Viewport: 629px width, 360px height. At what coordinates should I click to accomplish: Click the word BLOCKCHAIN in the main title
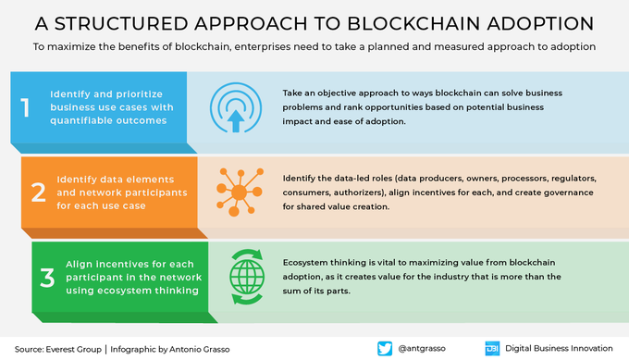tap(413, 24)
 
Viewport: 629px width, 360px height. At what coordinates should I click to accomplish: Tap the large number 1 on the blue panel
tap(25, 107)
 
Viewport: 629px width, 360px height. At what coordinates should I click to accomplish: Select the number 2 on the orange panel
tap(39, 192)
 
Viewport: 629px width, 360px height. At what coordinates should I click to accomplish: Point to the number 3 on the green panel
tap(47, 278)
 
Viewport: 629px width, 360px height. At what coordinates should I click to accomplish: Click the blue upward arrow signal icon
tap(236, 107)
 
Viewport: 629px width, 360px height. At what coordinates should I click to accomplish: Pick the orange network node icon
tap(240, 192)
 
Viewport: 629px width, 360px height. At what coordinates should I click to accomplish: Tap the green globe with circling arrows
tap(247, 277)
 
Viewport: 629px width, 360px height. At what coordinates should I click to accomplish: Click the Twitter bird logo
tap(385, 348)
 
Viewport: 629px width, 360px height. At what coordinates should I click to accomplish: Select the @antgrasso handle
tap(422, 348)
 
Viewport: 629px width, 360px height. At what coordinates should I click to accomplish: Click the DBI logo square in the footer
tap(492, 348)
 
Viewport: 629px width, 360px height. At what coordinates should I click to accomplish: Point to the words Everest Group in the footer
tap(73, 349)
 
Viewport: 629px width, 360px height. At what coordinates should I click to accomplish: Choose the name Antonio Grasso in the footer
tap(200, 349)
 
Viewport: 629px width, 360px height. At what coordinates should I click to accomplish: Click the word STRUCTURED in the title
tap(121, 24)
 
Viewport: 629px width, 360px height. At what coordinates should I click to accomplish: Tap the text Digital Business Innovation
tap(559, 348)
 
